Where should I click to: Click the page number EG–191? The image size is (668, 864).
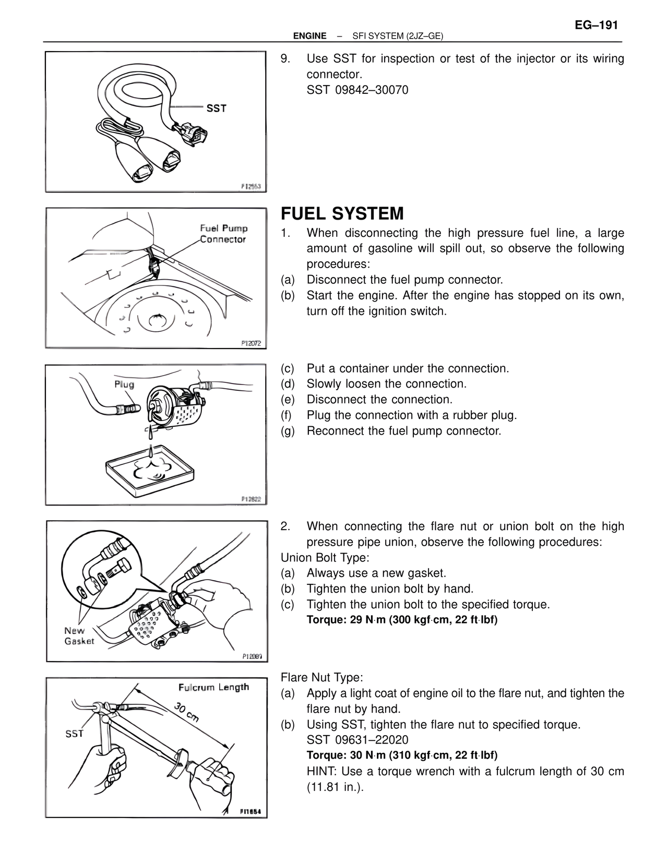[x=597, y=26]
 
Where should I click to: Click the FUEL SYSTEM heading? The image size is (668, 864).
[x=342, y=213]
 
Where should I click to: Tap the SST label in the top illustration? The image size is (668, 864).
[x=216, y=109]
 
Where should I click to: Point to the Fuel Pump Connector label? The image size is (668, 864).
[x=223, y=234]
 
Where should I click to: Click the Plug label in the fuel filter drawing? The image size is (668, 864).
[x=124, y=385]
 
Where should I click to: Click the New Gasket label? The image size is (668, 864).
[x=79, y=635]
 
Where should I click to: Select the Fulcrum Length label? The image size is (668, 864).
[x=213, y=687]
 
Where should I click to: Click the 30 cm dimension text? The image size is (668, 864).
[x=186, y=712]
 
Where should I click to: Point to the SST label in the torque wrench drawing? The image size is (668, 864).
[x=75, y=734]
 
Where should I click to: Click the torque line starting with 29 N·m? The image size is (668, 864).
[x=402, y=620]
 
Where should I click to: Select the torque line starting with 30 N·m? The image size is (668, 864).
[x=402, y=755]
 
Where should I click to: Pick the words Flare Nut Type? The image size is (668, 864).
[x=321, y=677]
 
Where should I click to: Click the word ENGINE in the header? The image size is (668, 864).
[x=309, y=36]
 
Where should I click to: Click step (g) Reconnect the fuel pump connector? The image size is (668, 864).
[x=403, y=431]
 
